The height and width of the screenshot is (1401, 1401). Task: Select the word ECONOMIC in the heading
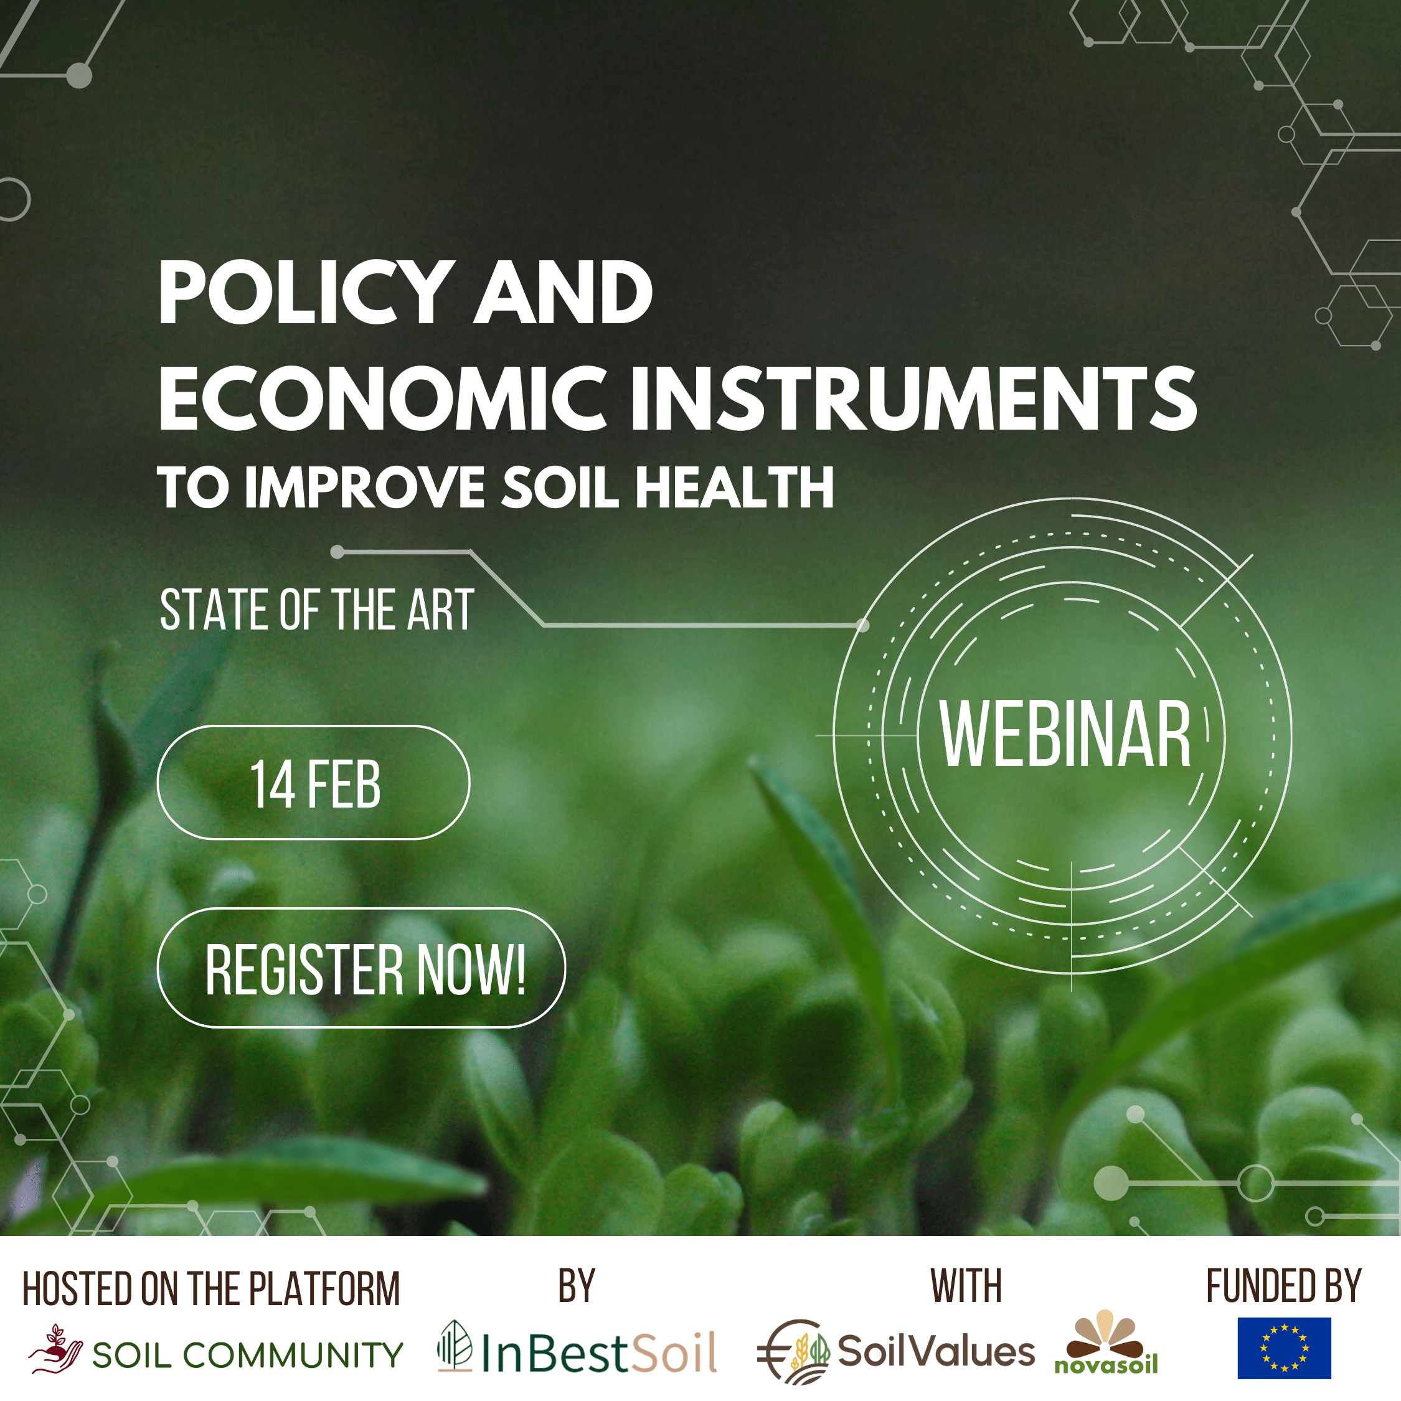pyautogui.click(x=382, y=399)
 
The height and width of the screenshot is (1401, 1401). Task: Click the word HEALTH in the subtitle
pyautogui.click(x=735, y=488)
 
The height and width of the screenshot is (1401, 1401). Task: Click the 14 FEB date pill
pyautogui.click(x=313, y=783)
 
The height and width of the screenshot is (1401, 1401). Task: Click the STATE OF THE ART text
pyautogui.click(x=317, y=611)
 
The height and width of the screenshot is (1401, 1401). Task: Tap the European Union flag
pyautogui.click(x=1283, y=1347)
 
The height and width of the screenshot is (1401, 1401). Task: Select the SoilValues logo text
pyautogui.click(x=936, y=1352)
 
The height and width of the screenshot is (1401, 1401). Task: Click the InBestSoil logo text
pyautogui.click(x=599, y=1353)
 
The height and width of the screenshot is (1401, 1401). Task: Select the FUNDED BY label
pyautogui.click(x=1283, y=1287)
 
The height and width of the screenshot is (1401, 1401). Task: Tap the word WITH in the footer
pyautogui.click(x=966, y=1287)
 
